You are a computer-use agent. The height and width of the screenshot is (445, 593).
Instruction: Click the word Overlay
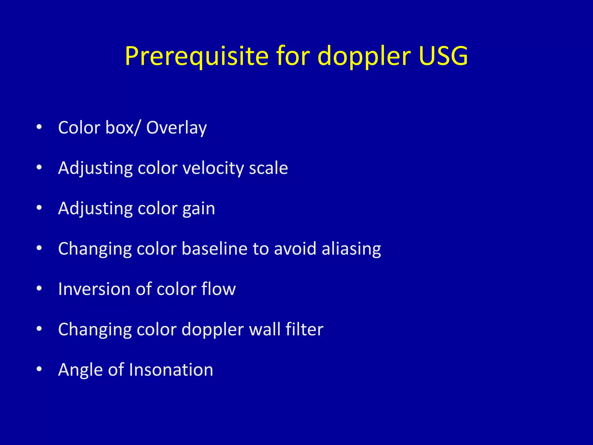(x=176, y=128)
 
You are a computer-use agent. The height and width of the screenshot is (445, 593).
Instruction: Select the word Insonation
(x=171, y=370)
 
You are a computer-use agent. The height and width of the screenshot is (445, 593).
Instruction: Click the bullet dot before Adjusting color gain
(x=39, y=208)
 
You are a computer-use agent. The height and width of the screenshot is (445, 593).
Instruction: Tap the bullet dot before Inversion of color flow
(x=39, y=289)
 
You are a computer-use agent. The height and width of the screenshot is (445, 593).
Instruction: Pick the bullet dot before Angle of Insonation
(x=39, y=369)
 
